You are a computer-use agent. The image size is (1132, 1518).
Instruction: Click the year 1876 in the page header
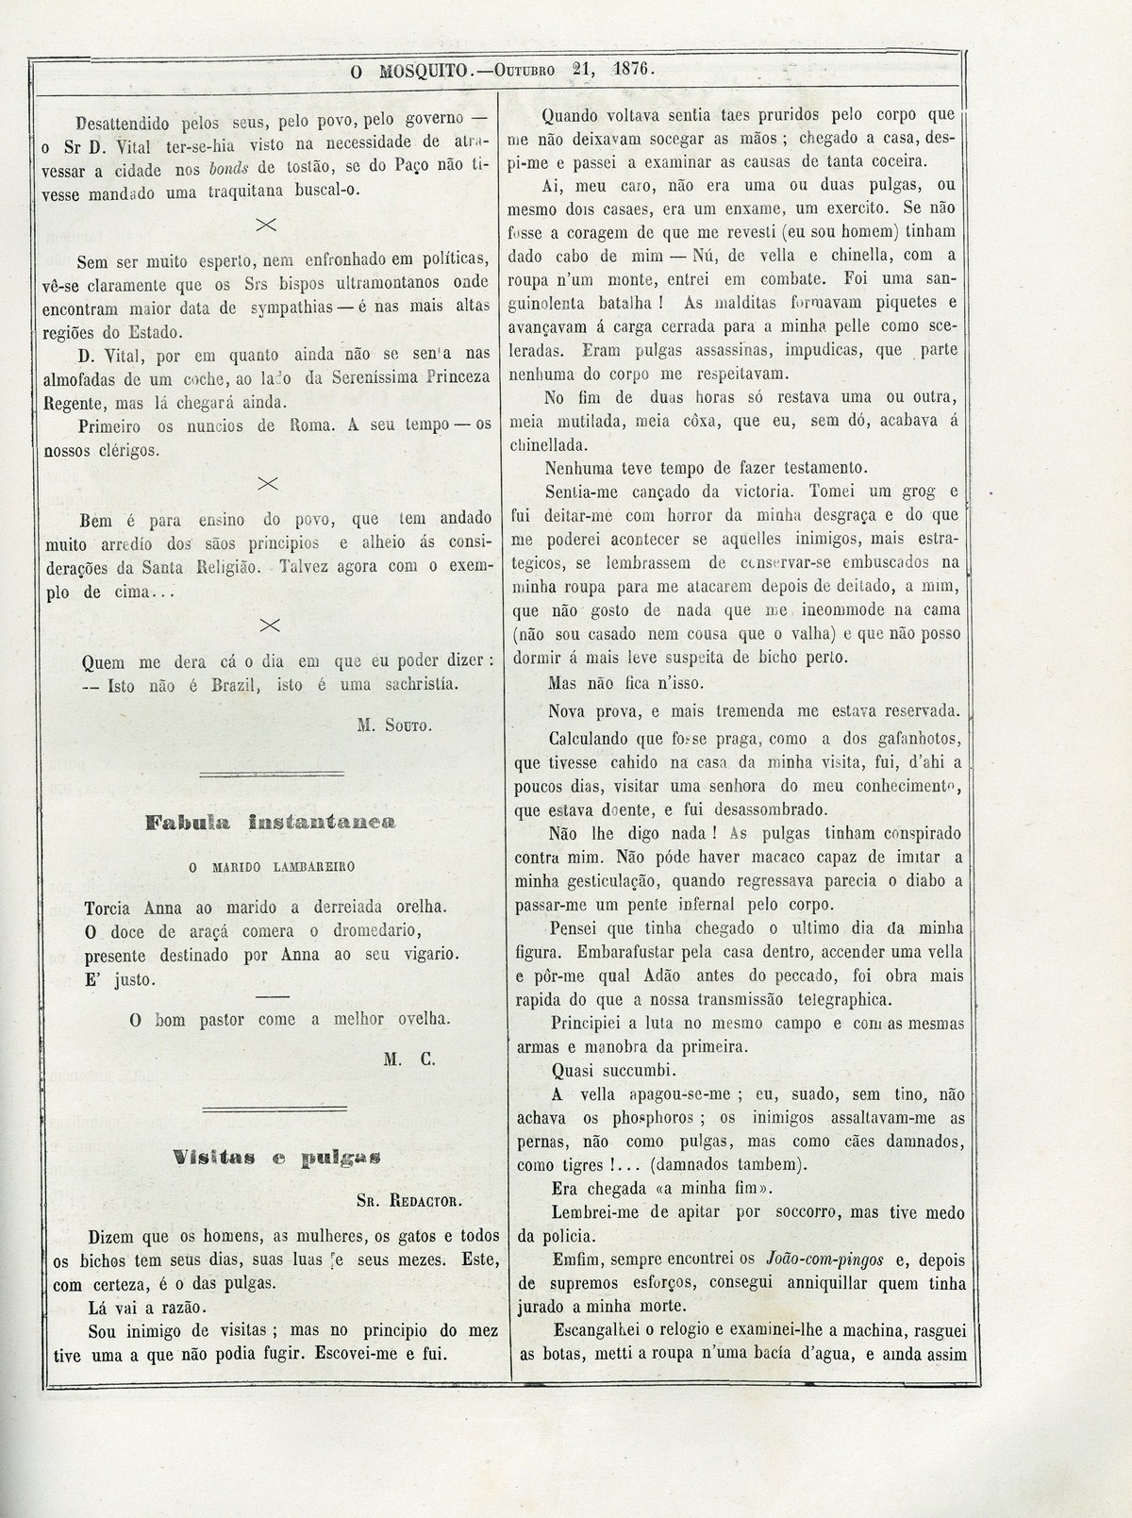[632, 69]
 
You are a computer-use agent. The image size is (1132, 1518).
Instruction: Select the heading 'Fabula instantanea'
[270, 823]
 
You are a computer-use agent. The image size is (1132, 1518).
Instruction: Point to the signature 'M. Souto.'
[394, 726]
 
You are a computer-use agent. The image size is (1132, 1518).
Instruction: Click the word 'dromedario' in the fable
[399, 930]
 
